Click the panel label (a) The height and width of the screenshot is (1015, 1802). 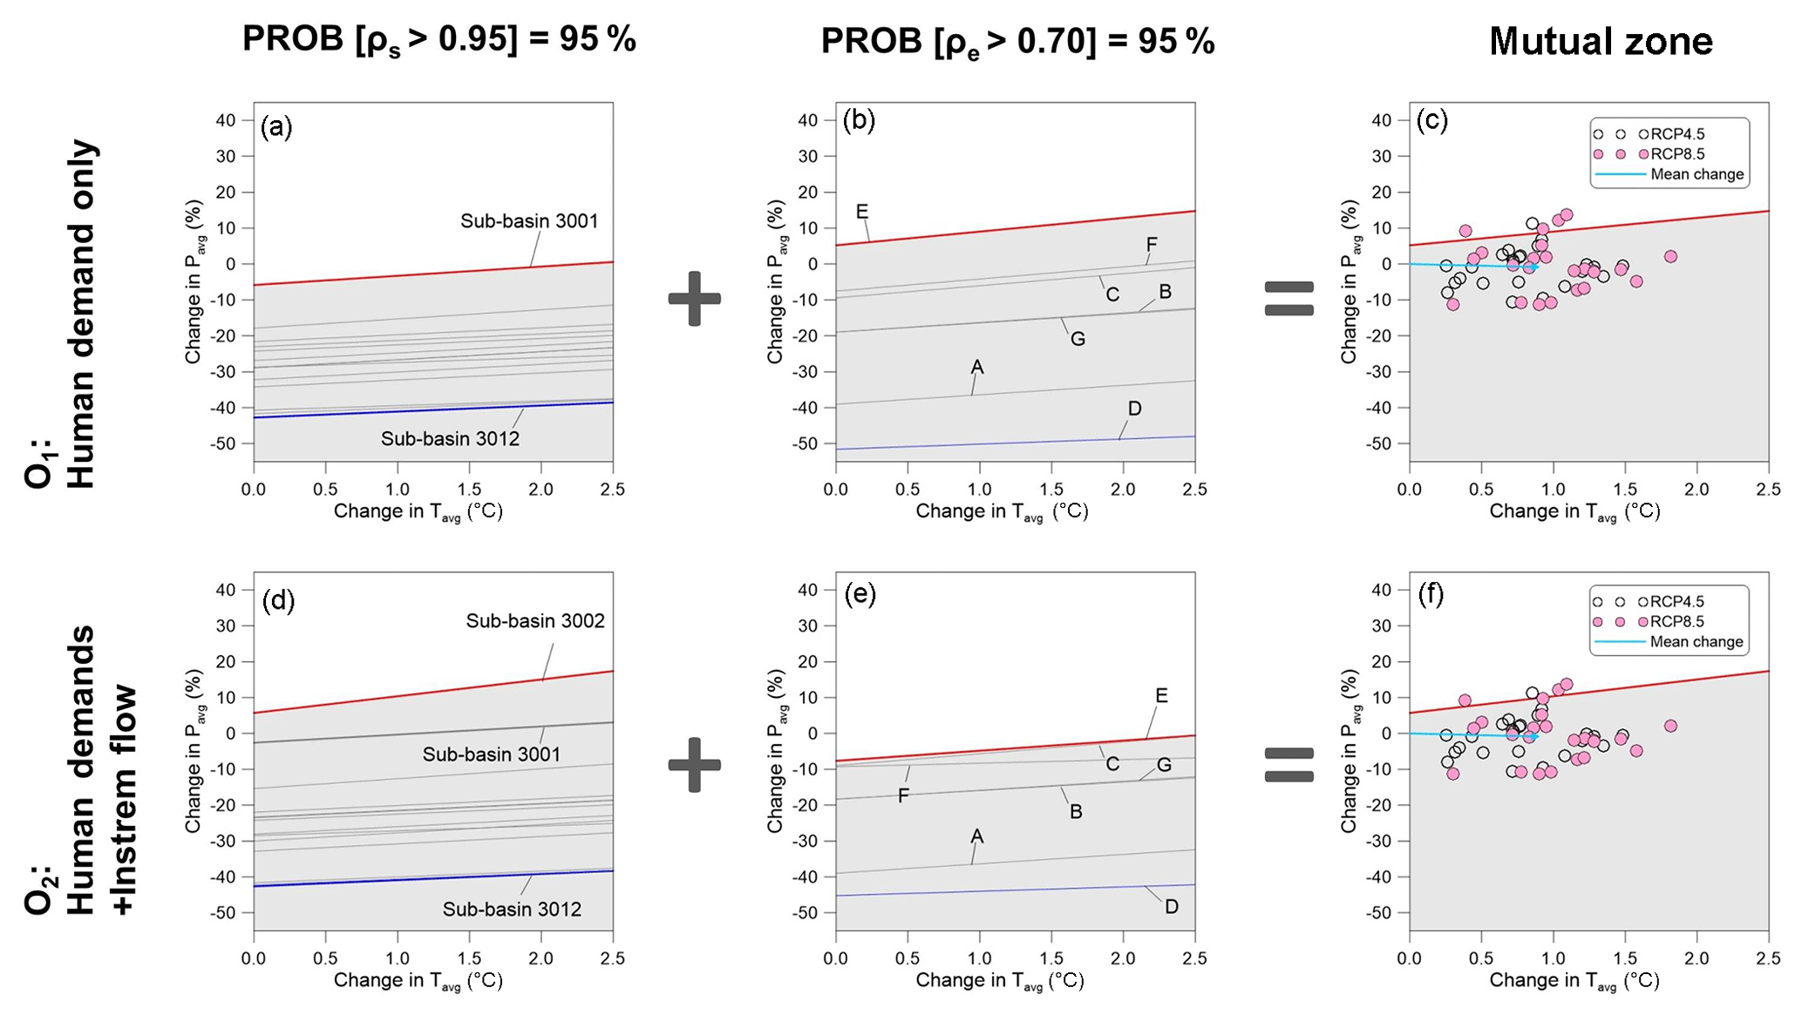pos(276,128)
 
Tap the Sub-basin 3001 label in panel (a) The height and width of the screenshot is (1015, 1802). pos(529,221)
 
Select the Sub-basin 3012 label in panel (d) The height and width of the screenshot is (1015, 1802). pos(512,910)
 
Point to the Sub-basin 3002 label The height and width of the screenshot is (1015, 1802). pos(535,621)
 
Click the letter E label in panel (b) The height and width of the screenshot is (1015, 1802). pos(862,212)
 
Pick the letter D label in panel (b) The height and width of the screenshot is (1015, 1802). pos(1134,409)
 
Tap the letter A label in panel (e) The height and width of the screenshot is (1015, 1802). pos(976,836)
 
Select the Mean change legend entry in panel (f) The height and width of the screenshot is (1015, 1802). pos(1697,642)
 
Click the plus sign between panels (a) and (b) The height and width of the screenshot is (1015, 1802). pos(695,299)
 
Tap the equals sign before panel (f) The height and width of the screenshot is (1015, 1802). pos(1289,765)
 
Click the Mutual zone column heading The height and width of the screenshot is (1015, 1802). pos(1601,41)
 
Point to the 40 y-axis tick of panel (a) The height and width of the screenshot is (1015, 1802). pos(225,120)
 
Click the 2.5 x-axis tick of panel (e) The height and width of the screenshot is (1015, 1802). pos(1194,958)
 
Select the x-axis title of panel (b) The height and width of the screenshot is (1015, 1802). pos(1002,511)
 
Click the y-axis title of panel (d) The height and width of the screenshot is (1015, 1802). pos(194,751)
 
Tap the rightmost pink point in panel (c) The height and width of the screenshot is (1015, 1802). pos(1670,256)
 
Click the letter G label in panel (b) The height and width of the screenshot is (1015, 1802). pos(1078,339)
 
